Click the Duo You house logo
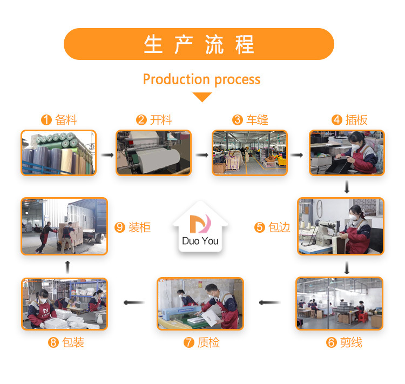coord(200,227)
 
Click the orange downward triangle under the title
coord(202,97)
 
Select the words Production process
coord(201,79)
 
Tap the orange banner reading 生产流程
coord(199,44)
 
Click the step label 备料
coord(66,120)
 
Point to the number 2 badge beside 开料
coord(141,120)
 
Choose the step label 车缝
coord(257,120)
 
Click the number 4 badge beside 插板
coord(337,120)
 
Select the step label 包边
coord(279,227)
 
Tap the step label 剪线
coord(351,342)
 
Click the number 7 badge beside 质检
coord(189,342)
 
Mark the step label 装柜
coord(139,227)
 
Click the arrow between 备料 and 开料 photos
coord(107,155)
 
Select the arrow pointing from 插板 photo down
coord(347,187)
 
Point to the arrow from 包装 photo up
coord(66,266)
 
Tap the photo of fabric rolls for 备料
coord(59,152)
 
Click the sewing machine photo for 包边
coord(341,226)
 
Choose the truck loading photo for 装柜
coord(64,226)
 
